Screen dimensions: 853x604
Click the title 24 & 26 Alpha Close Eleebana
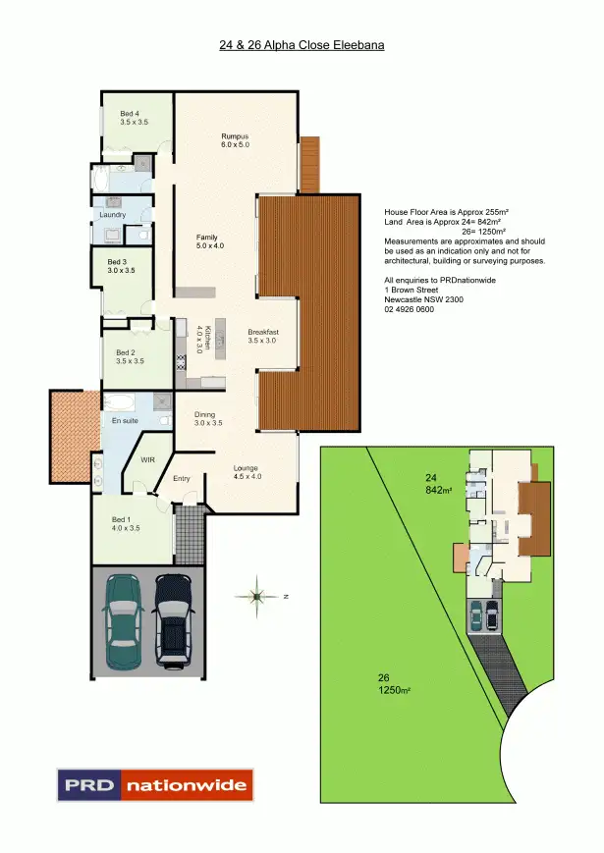pos(302,45)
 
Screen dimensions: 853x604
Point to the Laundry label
pos(112,215)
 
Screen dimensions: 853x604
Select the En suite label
pos(125,421)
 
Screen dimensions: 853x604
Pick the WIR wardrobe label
pos(149,458)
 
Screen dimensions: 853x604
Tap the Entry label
pos(181,478)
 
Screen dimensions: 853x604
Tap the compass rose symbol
pos(256,596)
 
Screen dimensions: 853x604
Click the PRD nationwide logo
pos(154,785)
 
